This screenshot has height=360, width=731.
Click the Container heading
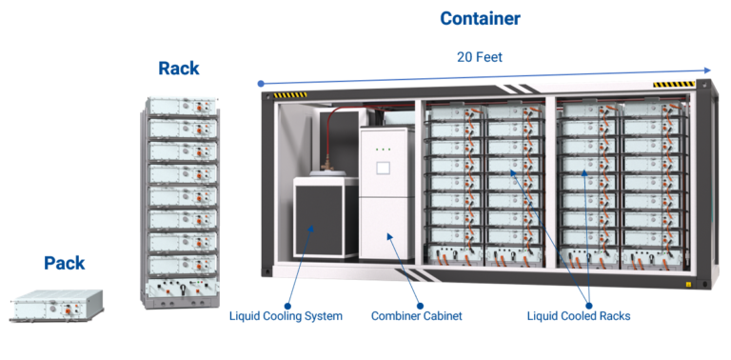pyautogui.click(x=480, y=18)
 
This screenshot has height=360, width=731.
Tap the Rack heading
pyautogui.click(x=178, y=69)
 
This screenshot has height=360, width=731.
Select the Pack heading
pyautogui.click(x=65, y=262)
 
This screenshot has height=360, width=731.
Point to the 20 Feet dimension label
pyautogui.click(x=480, y=57)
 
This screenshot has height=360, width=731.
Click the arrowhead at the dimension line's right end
pyautogui.click(x=706, y=70)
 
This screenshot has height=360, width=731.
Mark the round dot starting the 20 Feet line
pyautogui.click(x=261, y=84)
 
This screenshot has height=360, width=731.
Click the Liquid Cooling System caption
pyautogui.click(x=286, y=315)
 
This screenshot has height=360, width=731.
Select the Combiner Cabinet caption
pyautogui.click(x=416, y=315)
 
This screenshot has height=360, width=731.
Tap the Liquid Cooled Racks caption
pyautogui.click(x=578, y=315)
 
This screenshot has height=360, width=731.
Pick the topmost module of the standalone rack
pyautogui.click(x=179, y=107)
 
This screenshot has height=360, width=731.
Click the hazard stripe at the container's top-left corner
pyautogui.click(x=291, y=95)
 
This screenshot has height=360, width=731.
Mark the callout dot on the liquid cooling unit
pyautogui.click(x=311, y=230)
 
